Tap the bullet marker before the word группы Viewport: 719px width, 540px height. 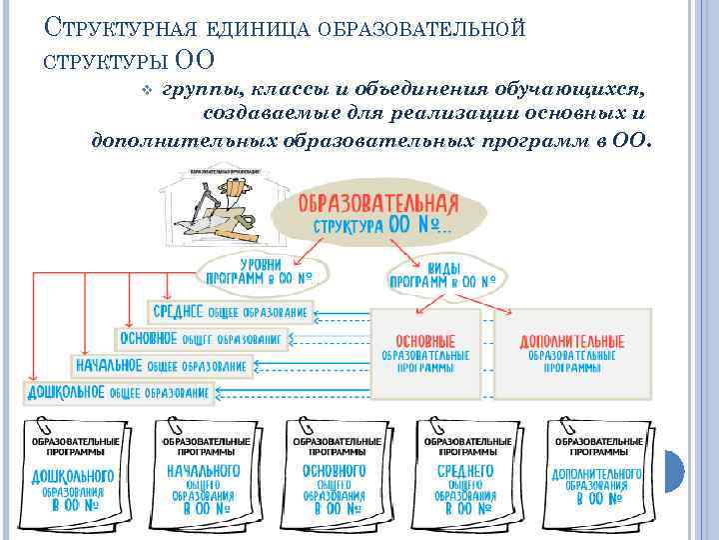pyautogui.click(x=147, y=89)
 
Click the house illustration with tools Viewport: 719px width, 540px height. pyautogui.click(x=225, y=207)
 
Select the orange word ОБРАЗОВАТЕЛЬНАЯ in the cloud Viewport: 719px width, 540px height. pyautogui.click(x=378, y=204)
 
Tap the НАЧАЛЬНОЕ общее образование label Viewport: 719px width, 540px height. pyautogui.click(x=161, y=366)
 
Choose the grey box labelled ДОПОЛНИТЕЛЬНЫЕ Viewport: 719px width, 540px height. pyautogui.click(x=572, y=354)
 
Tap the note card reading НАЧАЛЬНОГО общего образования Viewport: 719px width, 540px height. pyautogui.click(x=205, y=468)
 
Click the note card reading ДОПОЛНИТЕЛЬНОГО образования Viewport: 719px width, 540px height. pyautogui.click(x=596, y=468)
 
